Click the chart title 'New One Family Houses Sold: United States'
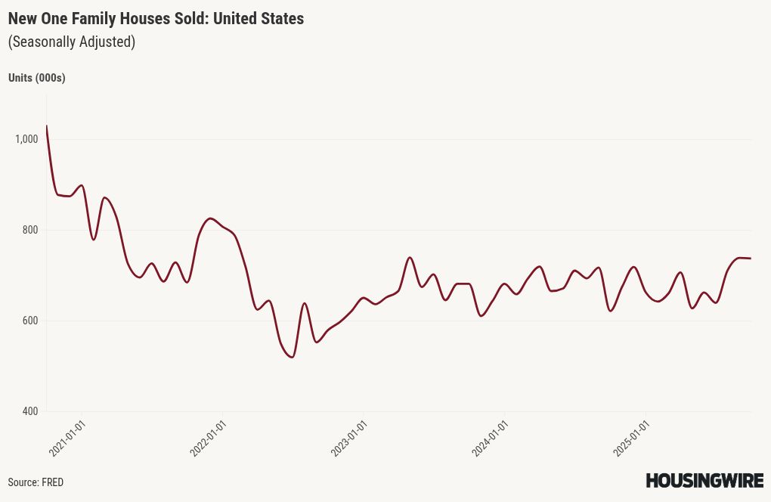156,19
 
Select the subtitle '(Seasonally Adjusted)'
72,42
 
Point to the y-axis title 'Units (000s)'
36,78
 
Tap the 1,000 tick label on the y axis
26,139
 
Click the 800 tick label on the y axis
30,230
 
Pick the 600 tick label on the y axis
30,321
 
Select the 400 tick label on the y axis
30,411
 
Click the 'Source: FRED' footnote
36,482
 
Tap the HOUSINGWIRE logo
704,480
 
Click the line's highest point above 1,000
47,126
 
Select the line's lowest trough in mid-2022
292,357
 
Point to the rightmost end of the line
750,259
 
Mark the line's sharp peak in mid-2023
410,258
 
